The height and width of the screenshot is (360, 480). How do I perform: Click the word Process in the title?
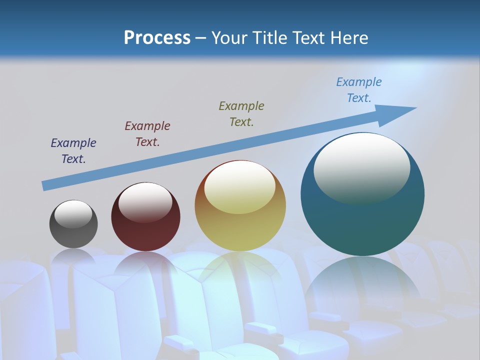click(157, 38)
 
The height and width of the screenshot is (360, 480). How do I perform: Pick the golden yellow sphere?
click(240, 225)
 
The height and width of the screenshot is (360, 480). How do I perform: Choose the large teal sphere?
click(362, 220)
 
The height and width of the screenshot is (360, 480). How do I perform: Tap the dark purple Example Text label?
click(73, 151)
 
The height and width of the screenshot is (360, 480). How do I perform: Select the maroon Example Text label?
click(147, 134)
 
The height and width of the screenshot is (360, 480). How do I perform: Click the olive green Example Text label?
click(241, 114)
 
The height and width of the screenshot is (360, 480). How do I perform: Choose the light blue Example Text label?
click(359, 90)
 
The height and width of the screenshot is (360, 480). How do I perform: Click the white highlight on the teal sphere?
click(361, 168)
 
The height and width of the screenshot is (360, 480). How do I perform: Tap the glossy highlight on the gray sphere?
click(73, 214)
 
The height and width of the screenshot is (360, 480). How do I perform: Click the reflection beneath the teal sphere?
click(362, 285)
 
